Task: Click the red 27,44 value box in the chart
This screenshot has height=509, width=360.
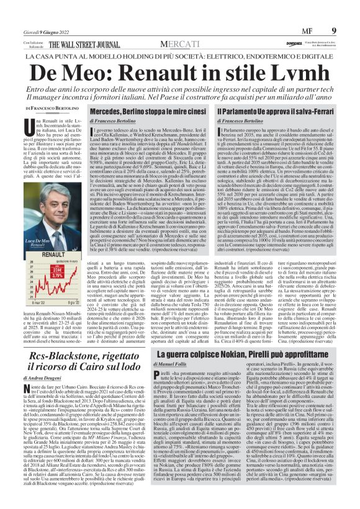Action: (x=58, y=271)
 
